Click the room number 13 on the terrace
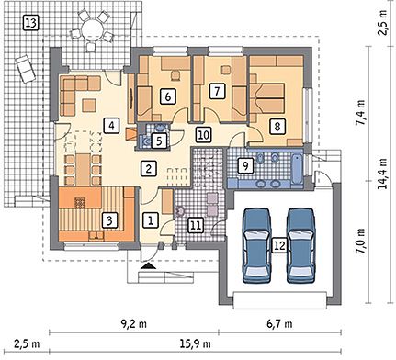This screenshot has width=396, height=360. [31, 23]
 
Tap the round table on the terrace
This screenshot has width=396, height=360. [92, 29]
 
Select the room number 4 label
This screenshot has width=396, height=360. [111, 126]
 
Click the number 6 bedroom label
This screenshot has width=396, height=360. [167, 96]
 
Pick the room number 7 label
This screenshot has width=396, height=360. [217, 91]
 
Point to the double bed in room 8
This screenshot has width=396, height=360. [267, 98]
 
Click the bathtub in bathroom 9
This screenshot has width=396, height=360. [297, 170]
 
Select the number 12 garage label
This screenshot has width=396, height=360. [280, 245]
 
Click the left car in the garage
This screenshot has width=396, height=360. [257, 245]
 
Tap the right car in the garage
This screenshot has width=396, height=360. [301, 245]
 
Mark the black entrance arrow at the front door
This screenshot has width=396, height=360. [148, 265]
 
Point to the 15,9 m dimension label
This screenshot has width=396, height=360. [195, 344]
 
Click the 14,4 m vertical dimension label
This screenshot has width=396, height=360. [382, 174]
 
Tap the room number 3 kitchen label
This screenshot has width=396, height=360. [109, 220]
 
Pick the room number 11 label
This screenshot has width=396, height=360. [196, 226]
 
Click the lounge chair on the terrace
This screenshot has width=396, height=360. [25, 69]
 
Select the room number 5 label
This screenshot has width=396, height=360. [159, 141]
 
